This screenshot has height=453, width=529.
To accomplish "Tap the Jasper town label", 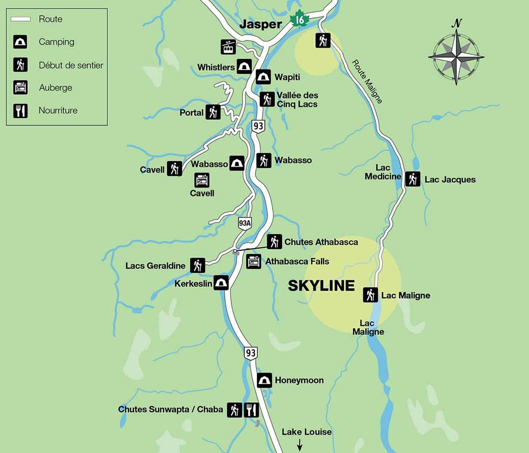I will point(260,24).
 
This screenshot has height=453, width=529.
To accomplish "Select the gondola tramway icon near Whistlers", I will point(228,47).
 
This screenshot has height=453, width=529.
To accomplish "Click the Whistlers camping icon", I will point(244,67).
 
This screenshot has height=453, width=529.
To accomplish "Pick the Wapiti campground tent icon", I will point(263,77).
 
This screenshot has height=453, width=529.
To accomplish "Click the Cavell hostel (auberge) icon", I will point(202,180).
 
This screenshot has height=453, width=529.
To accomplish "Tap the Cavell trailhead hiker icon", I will point(175,169).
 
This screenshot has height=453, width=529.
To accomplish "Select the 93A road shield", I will point(244,223).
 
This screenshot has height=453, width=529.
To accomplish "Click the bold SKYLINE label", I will point(321,286).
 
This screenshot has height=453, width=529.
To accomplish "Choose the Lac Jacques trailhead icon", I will point(413,179).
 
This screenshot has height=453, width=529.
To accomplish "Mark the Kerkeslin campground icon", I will point(221,283).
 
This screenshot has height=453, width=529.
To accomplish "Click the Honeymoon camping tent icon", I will point(264,380).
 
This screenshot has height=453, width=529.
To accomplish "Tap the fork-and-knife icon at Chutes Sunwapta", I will point(251,410).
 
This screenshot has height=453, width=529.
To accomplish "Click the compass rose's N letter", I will point(457,22).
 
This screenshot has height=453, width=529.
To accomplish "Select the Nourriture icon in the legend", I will point(21,111).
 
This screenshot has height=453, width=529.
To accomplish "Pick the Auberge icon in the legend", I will point(21,88).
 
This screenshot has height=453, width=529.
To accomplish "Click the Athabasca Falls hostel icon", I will point(254,261).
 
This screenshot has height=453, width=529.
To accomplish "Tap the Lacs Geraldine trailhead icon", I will point(197,265).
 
